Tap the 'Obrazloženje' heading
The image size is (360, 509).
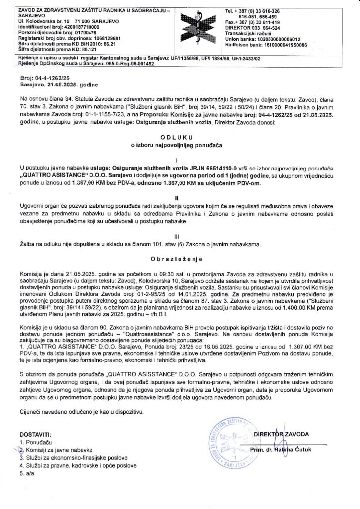[180, 259]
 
